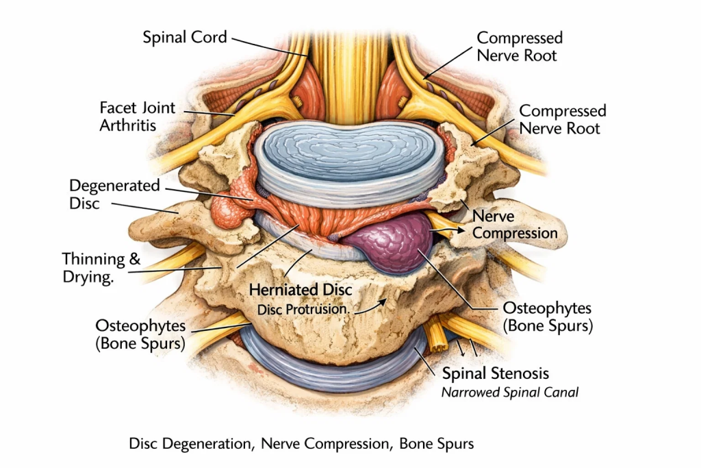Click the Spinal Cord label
[x=185, y=37]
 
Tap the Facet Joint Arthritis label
[x=137, y=116]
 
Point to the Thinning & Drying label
[x=101, y=269]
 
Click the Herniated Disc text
[x=301, y=290]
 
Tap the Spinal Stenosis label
[x=496, y=373]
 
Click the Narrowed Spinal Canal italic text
[x=510, y=393]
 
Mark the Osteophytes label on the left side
[x=140, y=334]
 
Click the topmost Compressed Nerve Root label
[x=520, y=47]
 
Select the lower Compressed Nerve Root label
[x=562, y=119]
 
